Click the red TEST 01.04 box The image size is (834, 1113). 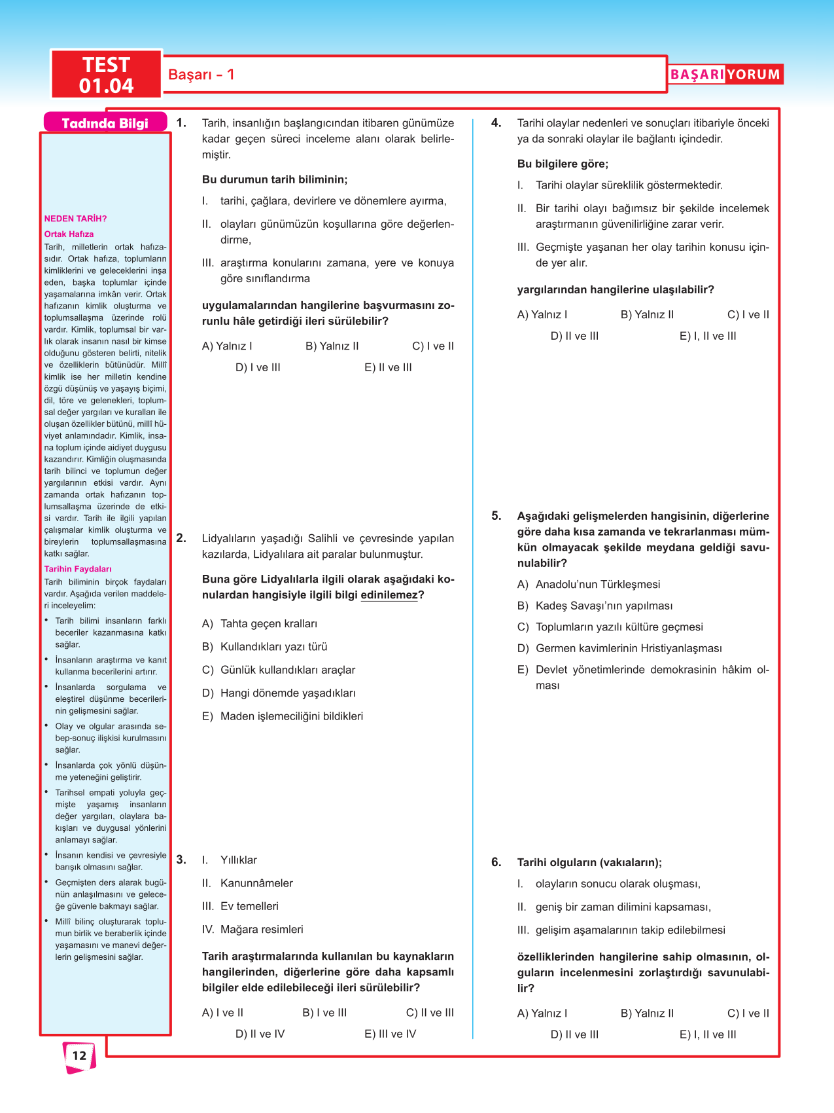106,75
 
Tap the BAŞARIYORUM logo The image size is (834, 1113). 725,75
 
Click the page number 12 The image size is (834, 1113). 79,1055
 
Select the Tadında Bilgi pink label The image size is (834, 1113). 105,123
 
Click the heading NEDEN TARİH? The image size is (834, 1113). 75,219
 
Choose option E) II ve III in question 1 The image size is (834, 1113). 388,367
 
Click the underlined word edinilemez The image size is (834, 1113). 389,595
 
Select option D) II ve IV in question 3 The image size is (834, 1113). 260,1034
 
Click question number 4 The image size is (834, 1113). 496,123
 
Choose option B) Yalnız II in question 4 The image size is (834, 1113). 647,314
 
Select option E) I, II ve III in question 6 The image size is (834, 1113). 708,1034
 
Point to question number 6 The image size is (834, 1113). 496,862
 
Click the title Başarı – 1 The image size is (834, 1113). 201,75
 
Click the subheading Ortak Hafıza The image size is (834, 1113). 69,234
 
